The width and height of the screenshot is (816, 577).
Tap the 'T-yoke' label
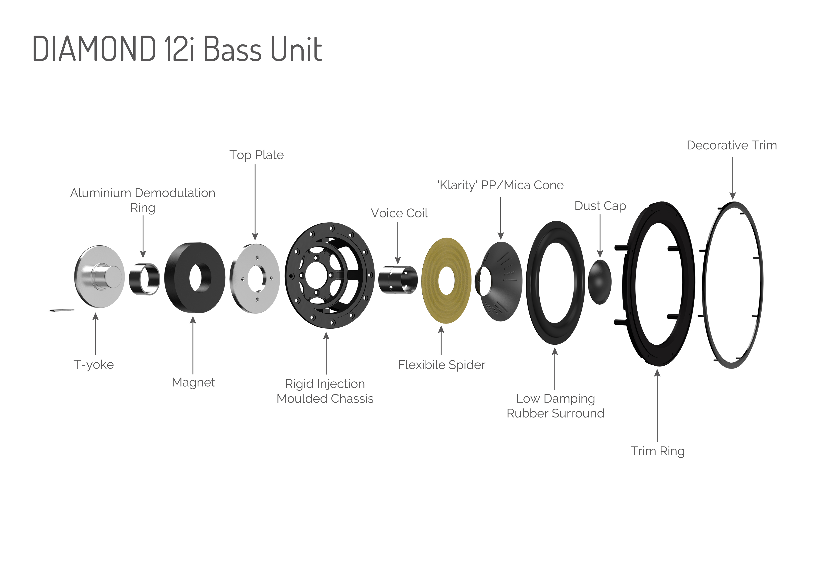coord(94,364)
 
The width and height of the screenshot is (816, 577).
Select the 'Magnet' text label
coord(193,382)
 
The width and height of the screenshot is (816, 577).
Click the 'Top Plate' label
coord(256,155)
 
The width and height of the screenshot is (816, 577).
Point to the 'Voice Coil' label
coord(399,213)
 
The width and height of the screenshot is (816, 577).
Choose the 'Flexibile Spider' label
coord(441,365)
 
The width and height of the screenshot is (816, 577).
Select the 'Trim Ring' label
coord(658,451)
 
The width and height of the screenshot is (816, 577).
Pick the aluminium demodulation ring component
coord(144,279)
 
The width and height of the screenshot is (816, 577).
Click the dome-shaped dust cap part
coord(600,282)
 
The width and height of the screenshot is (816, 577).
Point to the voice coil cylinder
coord(397,280)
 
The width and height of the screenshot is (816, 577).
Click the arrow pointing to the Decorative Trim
coord(732,178)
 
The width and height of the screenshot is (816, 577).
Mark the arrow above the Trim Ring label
coord(657,405)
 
